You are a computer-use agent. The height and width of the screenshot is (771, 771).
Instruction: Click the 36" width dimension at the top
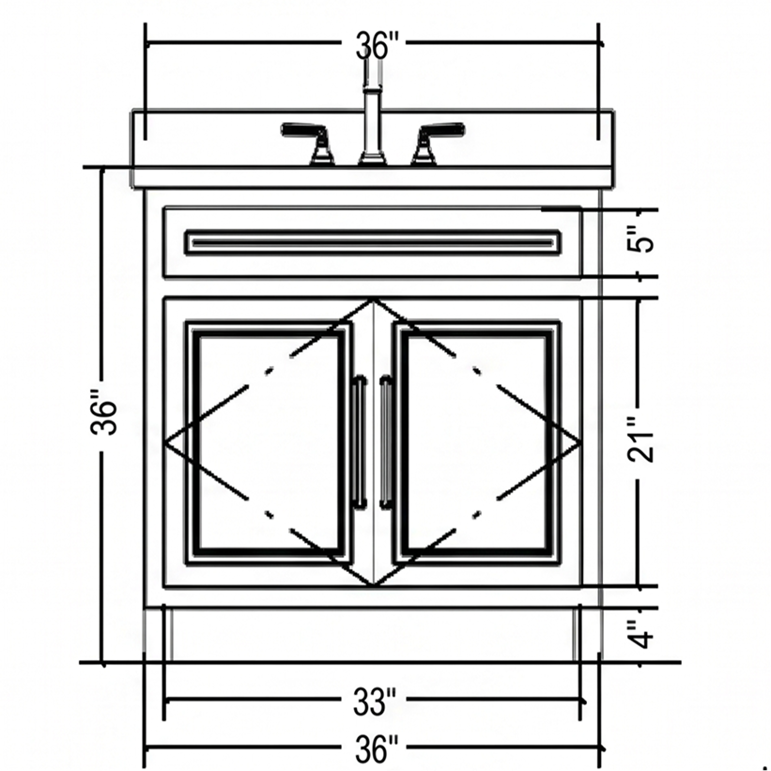click(374, 45)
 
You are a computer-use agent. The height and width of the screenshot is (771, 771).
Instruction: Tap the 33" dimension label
click(374, 702)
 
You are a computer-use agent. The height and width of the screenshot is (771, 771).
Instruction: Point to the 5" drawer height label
click(640, 239)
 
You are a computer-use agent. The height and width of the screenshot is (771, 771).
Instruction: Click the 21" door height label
click(640, 440)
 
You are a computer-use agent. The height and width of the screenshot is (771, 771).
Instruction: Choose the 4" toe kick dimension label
click(640, 634)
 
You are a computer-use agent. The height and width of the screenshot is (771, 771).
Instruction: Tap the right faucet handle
click(438, 143)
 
